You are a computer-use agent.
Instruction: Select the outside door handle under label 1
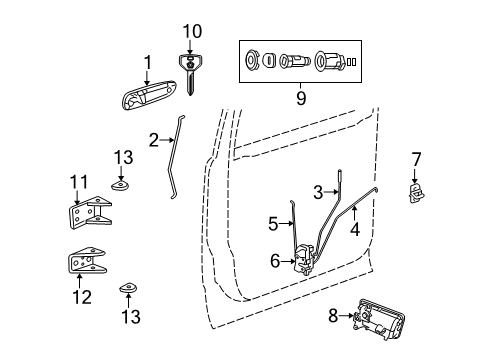(146, 100)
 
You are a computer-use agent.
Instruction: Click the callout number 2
(153, 140)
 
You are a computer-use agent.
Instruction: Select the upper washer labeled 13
(121, 183)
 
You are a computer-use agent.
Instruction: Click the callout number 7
(417, 158)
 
